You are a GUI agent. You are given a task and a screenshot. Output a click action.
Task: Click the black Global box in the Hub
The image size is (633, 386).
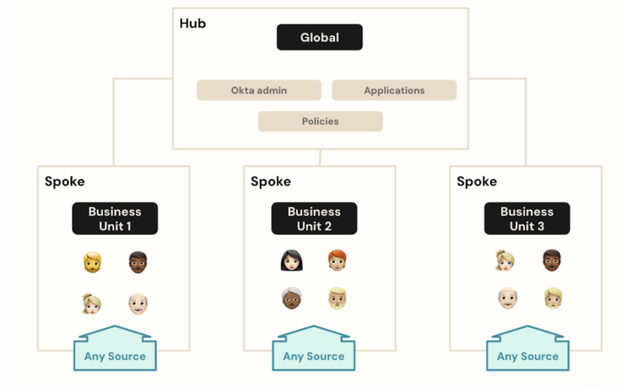(x=319, y=38)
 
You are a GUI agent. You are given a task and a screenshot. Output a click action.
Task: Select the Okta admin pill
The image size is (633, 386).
(x=259, y=90)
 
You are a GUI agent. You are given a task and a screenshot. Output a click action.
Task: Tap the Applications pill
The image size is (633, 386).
(x=394, y=90)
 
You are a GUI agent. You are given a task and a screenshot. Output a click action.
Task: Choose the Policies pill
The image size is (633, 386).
(x=320, y=121)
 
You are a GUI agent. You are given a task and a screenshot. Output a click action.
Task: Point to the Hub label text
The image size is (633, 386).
(x=192, y=23)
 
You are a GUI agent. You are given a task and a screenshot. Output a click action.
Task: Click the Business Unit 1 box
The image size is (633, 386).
(x=115, y=218)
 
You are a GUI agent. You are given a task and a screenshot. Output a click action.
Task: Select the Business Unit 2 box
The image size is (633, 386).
(x=314, y=218)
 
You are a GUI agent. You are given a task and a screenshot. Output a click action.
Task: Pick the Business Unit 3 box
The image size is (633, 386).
(x=527, y=218)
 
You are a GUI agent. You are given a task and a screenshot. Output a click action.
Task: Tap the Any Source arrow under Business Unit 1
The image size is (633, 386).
(x=115, y=352)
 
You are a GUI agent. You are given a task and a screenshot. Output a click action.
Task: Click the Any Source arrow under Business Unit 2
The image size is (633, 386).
(x=314, y=352)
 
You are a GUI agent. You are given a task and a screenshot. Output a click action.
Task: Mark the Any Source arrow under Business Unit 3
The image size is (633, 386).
(x=528, y=352)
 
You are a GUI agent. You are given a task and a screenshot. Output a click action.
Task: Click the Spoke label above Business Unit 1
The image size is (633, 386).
(x=64, y=181)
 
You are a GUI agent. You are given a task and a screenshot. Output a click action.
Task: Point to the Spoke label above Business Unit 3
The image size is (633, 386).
(x=477, y=181)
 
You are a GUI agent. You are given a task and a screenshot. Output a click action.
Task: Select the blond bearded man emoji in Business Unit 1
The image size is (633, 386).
(x=92, y=262)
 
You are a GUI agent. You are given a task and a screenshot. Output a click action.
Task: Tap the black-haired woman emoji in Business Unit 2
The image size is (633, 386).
(x=291, y=260)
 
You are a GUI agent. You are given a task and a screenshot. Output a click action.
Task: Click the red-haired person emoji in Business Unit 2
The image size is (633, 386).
(x=337, y=260)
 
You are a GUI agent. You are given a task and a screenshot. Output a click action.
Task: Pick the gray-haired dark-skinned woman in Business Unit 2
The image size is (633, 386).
(x=291, y=299)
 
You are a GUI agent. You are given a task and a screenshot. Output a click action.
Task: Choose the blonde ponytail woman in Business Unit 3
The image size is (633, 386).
(x=505, y=260)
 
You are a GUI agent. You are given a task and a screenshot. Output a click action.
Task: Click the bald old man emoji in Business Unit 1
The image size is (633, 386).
(x=138, y=303)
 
